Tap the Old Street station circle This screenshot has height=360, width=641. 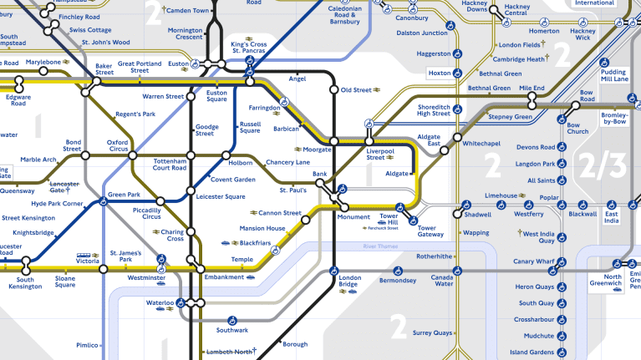[333, 89]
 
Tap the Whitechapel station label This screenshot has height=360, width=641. [482, 144]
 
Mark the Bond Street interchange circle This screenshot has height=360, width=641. [85, 155]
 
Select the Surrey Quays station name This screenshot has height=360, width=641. [430, 333]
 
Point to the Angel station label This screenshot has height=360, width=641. [297, 79]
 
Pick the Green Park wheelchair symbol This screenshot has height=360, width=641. [104, 200]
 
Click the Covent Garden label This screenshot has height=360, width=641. [232, 180]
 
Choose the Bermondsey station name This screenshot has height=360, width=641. [397, 281]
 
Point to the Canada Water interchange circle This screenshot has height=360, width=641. [457, 270]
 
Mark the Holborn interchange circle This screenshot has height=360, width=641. [226, 155]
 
